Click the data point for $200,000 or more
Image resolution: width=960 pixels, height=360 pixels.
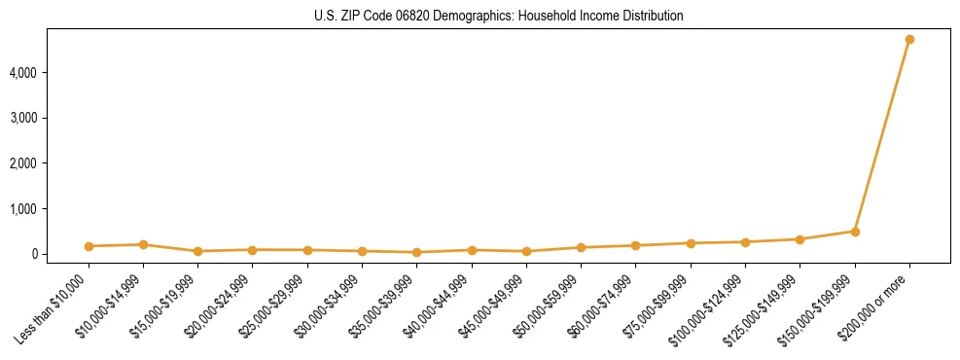pyautogui.click(x=909, y=40)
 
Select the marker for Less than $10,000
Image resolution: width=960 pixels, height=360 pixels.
pyautogui.click(x=89, y=246)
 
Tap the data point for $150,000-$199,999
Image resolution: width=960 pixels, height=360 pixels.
pyautogui.click(x=855, y=232)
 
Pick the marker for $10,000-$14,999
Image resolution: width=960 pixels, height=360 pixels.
pyautogui.click(x=143, y=244)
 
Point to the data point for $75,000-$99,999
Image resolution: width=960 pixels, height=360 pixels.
pyautogui.click(x=691, y=243)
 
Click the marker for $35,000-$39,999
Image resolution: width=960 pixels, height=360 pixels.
pyautogui.click(x=416, y=252)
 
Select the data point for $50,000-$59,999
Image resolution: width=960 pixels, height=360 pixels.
pyautogui.click(x=581, y=247)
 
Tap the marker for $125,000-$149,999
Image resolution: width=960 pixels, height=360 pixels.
pyautogui.click(x=800, y=239)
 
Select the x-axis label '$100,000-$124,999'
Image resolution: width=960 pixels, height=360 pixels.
pyautogui.click(x=710, y=309)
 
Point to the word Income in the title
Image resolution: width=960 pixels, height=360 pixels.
pyautogui.click(x=597, y=16)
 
